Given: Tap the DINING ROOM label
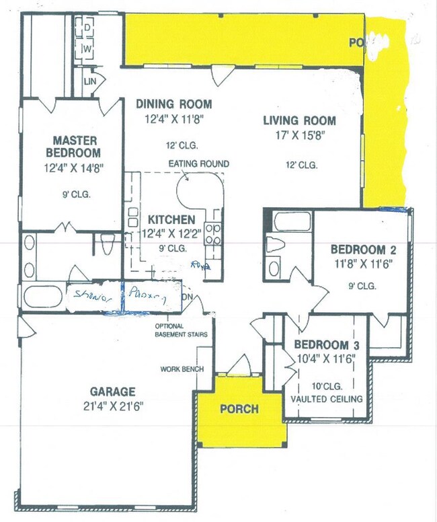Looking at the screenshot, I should pyautogui.click(x=174, y=104).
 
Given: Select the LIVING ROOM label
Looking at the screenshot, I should pyautogui.click(x=299, y=121).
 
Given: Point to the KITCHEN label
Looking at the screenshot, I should pyautogui.click(x=171, y=219).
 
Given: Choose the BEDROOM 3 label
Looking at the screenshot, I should pyautogui.click(x=323, y=345).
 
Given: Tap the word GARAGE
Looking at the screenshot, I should pyautogui.click(x=113, y=392).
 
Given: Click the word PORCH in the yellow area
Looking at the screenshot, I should pyautogui.click(x=239, y=408).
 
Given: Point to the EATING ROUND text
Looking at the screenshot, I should pyautogui.click(x=198, y=163).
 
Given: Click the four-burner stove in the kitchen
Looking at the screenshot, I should pyautogui.click(x=213, y=233).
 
